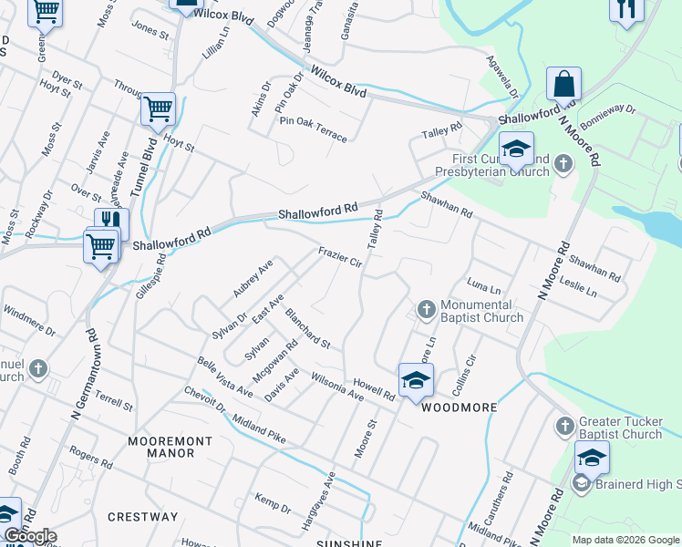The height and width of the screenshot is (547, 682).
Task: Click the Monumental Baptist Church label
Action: [x=481, y=312]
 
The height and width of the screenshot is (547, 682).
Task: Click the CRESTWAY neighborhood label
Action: [x=143, y=517]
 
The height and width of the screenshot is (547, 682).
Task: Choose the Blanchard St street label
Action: [x=306, y=328]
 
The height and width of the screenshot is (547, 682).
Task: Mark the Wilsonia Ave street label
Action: [x=336, y=386]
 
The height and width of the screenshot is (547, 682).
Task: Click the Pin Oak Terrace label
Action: [x=313, y=129]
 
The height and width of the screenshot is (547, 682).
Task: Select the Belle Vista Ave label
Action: [x=225, y=377]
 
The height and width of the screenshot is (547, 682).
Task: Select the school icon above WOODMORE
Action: [x=415, y=380]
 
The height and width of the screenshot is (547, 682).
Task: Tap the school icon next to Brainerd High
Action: [x=591, y=459]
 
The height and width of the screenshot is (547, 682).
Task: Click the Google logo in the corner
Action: [x=29, y=536]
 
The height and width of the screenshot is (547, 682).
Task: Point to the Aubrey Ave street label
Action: [x=253, y=278]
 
